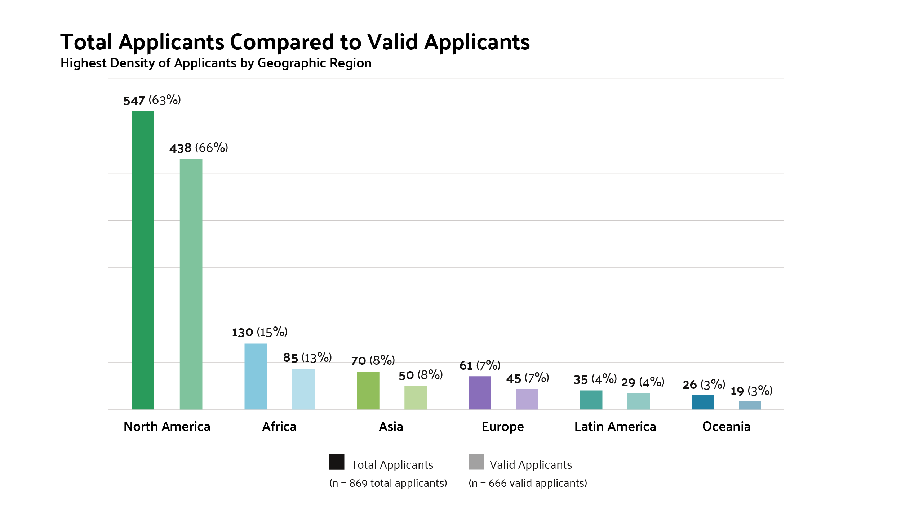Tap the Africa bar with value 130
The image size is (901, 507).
pos(256,376)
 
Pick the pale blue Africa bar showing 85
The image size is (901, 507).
pos(303,389)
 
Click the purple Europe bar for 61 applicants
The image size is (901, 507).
pos(480,393)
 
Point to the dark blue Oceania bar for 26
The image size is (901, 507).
pos(702,402)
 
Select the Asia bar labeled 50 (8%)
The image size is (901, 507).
pos(416,397)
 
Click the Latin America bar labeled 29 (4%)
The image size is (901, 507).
pos(638,401)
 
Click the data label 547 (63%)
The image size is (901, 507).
pos(152,100)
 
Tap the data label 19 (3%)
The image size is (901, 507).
pos(751,391)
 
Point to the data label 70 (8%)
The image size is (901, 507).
pos(373,360)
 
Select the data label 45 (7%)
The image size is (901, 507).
pos(527,378)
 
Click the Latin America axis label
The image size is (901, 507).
pos(615,427)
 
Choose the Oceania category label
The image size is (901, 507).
pos(726,427)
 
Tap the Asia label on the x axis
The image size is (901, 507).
pos(391,427)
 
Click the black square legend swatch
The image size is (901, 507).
pos(337,462)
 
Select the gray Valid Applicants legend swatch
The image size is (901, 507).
pos(476,462)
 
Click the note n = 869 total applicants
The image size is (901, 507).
pos(388,483)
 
